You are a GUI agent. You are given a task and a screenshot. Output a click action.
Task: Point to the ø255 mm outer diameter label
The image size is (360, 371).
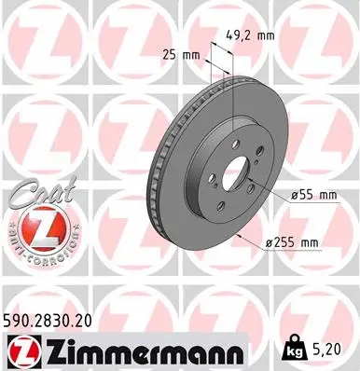(x=292, y=243)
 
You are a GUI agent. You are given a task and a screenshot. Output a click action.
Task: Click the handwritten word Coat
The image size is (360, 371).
(x=35, y=195)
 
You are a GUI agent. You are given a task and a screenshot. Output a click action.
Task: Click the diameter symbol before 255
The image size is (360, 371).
(x=267, y=243)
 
